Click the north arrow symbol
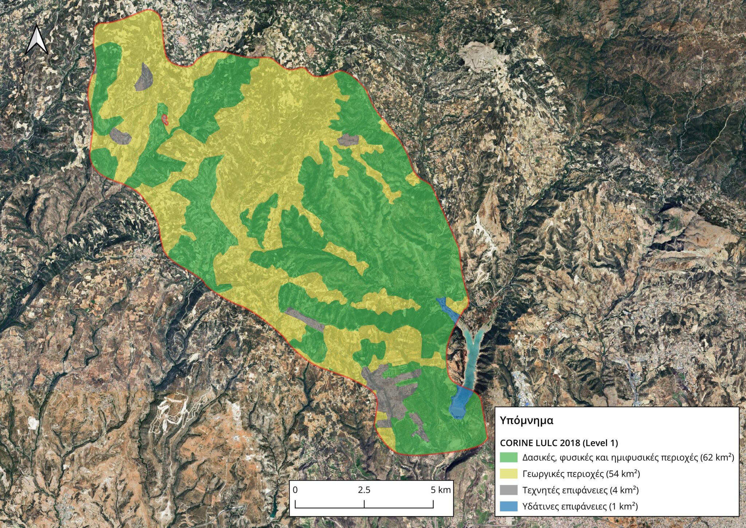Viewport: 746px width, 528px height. click(36, 40)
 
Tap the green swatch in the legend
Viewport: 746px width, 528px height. click(509, 457)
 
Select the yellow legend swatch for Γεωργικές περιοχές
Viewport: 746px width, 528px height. click(509, 474)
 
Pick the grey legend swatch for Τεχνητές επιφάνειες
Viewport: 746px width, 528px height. click(509, 490)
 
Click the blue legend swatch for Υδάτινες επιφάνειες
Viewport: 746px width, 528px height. click(509, 506)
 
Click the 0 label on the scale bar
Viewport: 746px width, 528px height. click(295, 490)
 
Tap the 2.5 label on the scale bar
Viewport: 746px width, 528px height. click(364, 490)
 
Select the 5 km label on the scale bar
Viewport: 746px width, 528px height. click(440, 490)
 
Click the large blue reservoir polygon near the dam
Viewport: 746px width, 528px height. click(461, 403)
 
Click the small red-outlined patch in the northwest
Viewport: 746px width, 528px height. click(165, 119)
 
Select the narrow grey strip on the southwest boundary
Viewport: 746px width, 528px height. click(304, 318)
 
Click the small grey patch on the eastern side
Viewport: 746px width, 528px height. click(348, 140)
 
